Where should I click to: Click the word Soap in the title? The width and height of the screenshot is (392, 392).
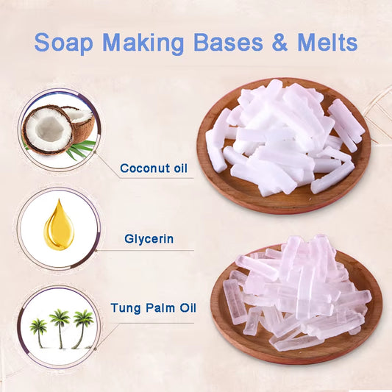[63, 42]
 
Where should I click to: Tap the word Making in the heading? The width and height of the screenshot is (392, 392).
[143, 43]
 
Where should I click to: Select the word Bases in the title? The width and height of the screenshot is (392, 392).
[228, 42]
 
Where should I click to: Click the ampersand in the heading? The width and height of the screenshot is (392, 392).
[279, 42]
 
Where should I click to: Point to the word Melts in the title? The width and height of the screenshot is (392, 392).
[327, 42]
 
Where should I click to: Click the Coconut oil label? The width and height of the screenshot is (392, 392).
[154, 168]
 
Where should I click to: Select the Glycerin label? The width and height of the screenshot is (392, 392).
[149, 239]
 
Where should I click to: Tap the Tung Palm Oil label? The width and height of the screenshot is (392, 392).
[154, 307]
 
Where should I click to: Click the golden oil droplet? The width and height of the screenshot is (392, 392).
[59, 225]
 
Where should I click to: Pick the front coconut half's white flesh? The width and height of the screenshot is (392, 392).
[49, 130]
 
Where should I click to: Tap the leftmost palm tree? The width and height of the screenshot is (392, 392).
[38, 333]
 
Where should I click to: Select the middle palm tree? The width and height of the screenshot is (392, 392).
[60, 329]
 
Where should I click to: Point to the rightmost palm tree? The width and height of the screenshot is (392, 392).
[82, 329]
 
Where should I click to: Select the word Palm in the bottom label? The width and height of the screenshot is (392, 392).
[160, 308]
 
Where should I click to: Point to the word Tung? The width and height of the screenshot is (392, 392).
[126, 308]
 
